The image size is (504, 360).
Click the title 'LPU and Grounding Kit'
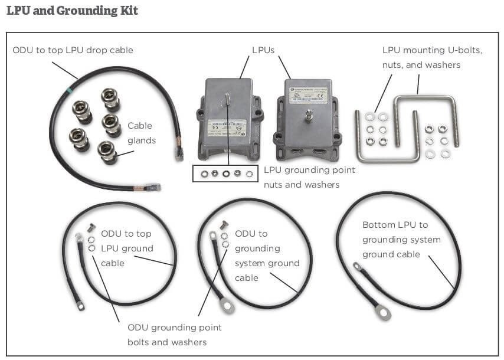pos(72,11)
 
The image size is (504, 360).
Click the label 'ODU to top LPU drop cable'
pos(73,50)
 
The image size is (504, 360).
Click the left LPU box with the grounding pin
pos(227,118)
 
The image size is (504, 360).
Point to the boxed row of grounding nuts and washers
pos(225,174)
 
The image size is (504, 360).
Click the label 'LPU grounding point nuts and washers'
pos(309,177)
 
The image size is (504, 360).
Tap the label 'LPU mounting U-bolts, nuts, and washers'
pos(432,57)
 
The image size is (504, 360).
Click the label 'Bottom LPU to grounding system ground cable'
pos(401,239)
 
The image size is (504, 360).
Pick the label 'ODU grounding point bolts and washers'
pos(175,335)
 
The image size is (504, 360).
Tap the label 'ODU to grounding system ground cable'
pos(267,256)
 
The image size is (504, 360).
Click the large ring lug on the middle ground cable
pos(227,306)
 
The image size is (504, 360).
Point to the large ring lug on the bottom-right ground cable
pos(384,312)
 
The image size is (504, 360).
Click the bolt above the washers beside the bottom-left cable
pos(91,227)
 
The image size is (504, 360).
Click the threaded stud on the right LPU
pos(307,114)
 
